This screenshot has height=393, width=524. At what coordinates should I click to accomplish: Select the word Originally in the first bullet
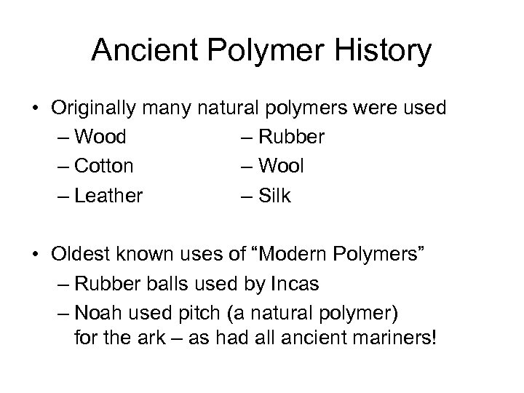pyautogui.click(x=97, y=108)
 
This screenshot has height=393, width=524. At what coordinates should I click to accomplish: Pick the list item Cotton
pyautogui.click(x=104, y=166)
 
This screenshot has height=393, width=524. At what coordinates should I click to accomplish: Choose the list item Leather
pyautogui.click(x=108, y=195)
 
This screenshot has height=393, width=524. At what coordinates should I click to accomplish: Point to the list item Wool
pyautogui.click(x=282, y=166)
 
